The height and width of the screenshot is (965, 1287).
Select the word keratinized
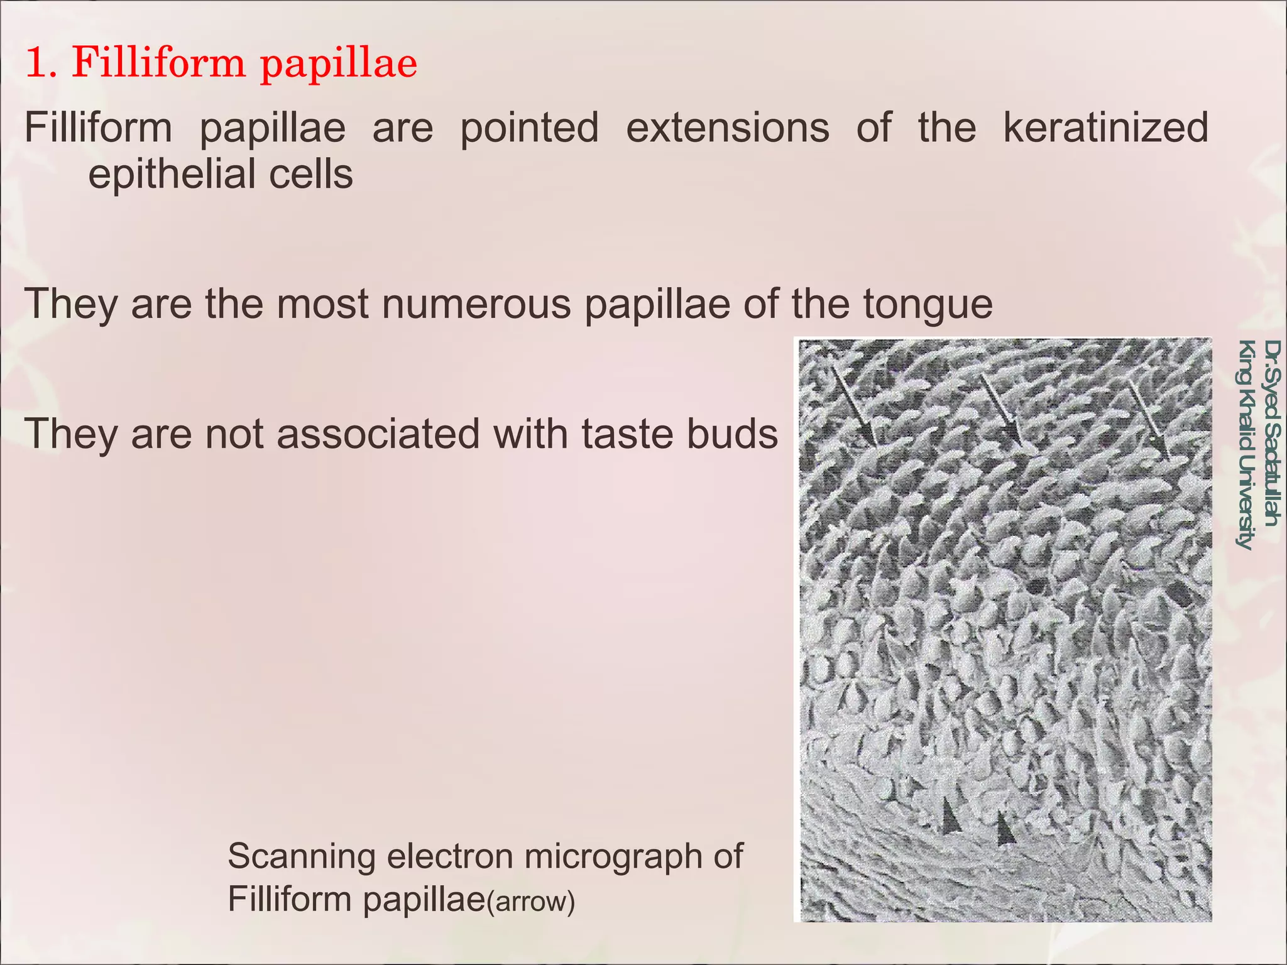click(1105, 128)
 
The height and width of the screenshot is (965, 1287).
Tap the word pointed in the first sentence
click(529, 128)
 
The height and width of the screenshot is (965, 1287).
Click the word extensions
click(728, 128)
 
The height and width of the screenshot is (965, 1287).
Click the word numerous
click(477, 304)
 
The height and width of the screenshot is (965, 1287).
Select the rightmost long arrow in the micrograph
click(1148, 420)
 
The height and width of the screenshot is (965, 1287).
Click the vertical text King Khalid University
click(1245, 445)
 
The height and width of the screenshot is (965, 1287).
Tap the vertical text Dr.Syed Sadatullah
click(1271, 433)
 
